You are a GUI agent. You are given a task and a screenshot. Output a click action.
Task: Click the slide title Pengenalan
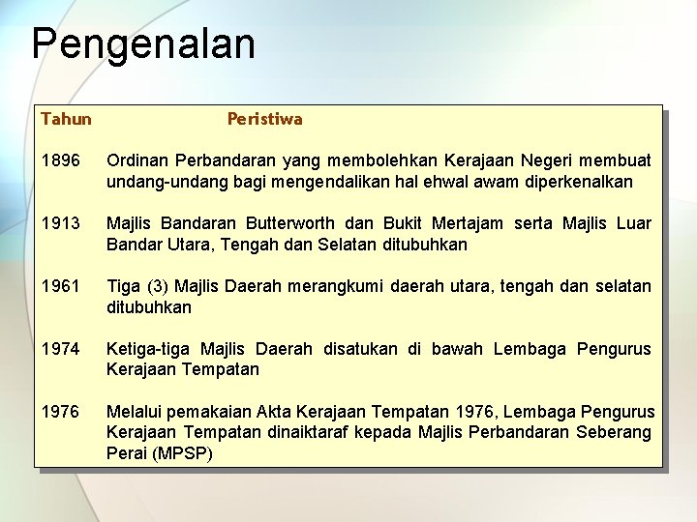pyautogui.click(x=143, y=44)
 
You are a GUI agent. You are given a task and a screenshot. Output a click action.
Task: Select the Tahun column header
pyautogui.click(x=66, y=119)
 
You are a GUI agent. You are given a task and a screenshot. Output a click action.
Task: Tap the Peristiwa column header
pyautogui.click(x=264, y=119)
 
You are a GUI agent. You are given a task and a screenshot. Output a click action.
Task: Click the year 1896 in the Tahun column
pyautogui.click(x=60, y=160)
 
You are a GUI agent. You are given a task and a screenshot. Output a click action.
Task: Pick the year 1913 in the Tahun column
pyautogui.click(x=60, y=223)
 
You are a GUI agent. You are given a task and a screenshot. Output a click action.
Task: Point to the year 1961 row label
pyautogui.click(x=60, y=286)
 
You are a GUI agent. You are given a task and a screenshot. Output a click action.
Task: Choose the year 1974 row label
pyautogui.click(x=60, y=349)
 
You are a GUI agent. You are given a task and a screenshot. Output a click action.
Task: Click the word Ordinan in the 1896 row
pyautogui.click(x=136, y=160)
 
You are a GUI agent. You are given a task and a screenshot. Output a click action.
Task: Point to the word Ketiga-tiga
pyautogui.click(x=149, y=349)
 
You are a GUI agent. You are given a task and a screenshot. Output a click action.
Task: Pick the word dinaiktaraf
pyautogui.click(x=318, y=432)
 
